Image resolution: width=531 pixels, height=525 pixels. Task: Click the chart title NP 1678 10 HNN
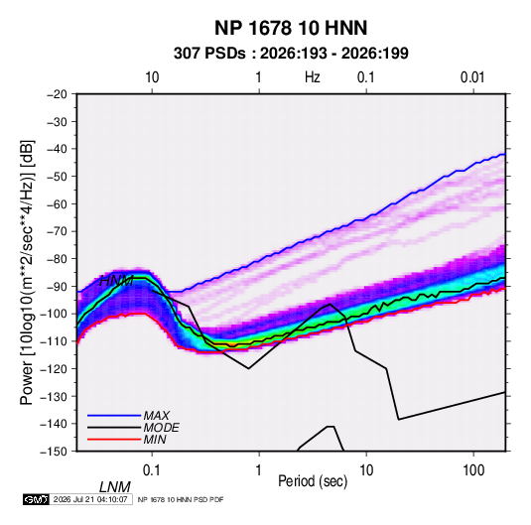point(291,28)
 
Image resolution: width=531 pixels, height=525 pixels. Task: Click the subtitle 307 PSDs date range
point(291,54)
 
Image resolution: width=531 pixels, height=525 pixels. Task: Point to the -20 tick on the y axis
point(57,94)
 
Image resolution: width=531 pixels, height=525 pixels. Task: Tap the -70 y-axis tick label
point(57,231)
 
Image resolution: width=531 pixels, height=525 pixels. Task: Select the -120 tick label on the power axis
point(55,369)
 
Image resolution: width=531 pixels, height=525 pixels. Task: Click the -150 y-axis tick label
point(55,452)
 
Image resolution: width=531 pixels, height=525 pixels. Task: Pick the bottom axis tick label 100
point(473,470)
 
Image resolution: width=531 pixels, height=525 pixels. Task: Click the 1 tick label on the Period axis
point(259,470)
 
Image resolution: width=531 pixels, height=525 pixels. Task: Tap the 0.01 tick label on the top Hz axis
point(472,77)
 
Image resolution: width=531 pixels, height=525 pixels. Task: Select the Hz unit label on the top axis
point(313,77)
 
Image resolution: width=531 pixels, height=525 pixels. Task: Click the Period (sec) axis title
point(313,481)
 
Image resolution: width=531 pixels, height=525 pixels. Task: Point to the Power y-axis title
point(27,272)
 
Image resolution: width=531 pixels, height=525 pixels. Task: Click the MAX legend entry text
point(157,415)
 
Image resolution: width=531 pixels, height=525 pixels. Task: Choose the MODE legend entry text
point(161,428)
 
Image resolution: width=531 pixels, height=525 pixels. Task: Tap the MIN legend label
point(155,440)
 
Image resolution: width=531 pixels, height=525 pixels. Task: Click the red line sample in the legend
point(114,440)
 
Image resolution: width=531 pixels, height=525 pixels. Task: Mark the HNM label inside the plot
point(116,281)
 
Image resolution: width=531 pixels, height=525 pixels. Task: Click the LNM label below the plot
point(115,487)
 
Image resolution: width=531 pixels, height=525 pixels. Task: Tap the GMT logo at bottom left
point(36,499)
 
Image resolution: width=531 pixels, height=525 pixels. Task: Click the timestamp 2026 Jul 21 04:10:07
point(90,499)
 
